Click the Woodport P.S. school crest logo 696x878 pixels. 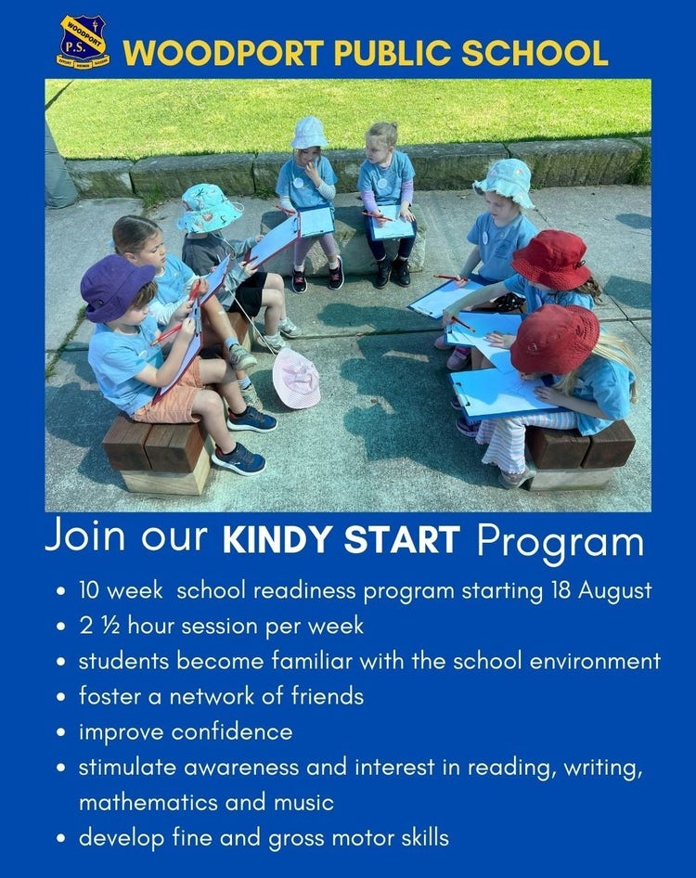[83, 43]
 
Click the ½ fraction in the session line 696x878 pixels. [109, 626]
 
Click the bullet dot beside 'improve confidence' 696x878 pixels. [63, 733]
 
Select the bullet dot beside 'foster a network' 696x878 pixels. [63, 698]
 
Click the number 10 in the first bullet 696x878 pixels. [88, 590]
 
